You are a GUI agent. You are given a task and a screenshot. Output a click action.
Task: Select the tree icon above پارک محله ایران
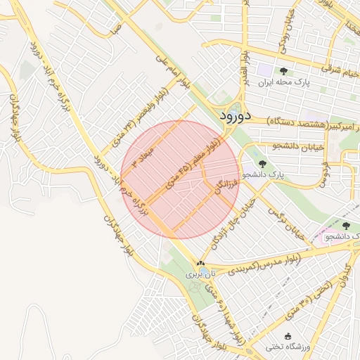coord(283,70)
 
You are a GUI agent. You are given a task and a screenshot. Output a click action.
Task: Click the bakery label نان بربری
coord(199,274)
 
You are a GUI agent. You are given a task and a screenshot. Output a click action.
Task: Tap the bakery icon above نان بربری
coord(201,263)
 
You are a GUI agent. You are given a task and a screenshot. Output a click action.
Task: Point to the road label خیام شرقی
coord(340,71)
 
